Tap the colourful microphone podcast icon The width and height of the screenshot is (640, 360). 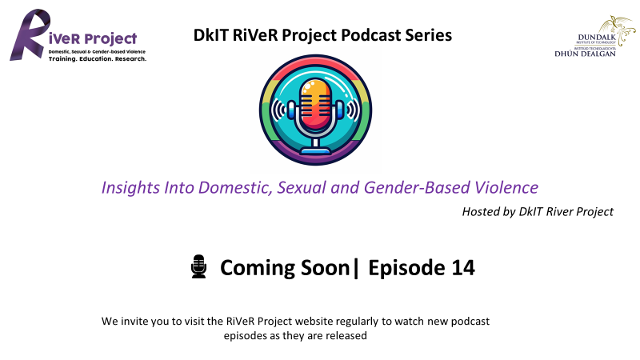pos(315,110)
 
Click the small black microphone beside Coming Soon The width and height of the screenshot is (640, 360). pos(198,266)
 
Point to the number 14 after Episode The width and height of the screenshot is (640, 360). pos(463,268)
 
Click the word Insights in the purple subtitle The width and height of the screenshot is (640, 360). pos(130,188)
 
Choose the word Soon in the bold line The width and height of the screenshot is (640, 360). pos(326,268)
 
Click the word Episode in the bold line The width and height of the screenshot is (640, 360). pos(406,268)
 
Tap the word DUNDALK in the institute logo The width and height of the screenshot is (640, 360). pos(597,38)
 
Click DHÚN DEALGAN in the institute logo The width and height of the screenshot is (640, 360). pos(585,54)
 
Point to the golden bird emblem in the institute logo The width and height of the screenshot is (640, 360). pos(618,30)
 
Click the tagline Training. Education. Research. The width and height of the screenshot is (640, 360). pos(97,58)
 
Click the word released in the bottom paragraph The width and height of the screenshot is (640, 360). pos(348,335)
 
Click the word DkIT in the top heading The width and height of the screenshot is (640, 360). pos(211,35)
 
